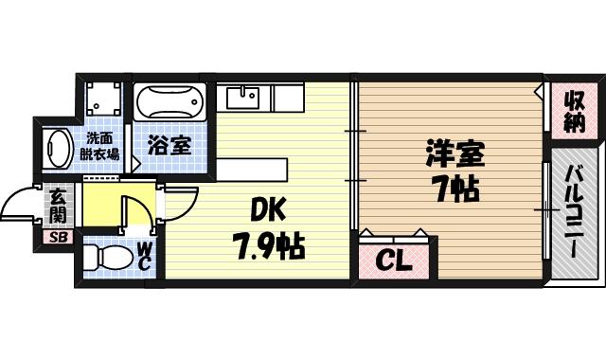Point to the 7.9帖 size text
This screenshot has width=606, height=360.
click(x=269, y=247)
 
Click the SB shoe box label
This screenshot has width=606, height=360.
click(x=58, y=236)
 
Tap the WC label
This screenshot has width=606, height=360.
click(x=145, y=257)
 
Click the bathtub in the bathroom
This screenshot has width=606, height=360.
click(x=170, y=101)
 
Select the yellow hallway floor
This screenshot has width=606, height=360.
click(x=104, y=204)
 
